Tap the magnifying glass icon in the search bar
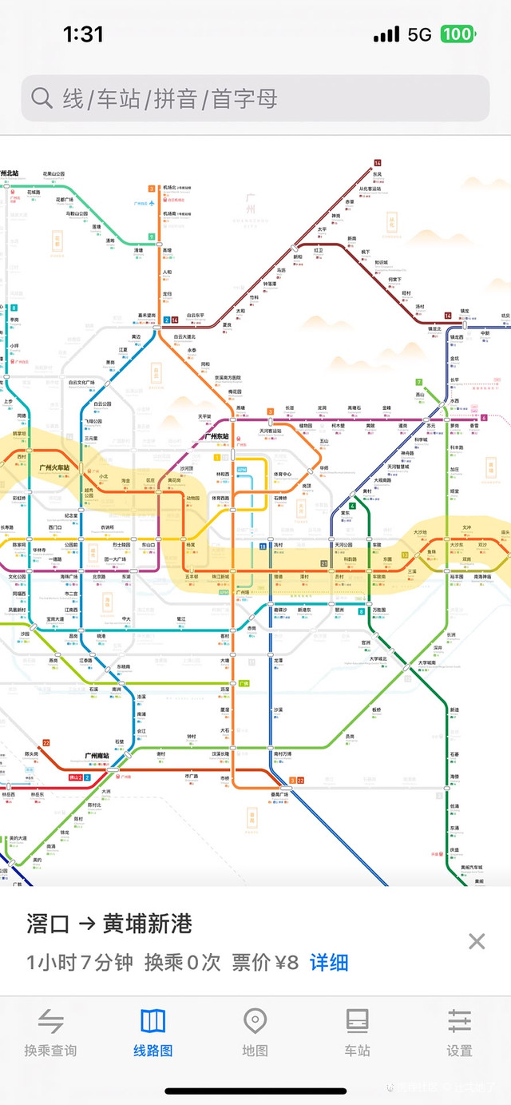[x=42, y=98]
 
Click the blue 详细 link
[x=329, y=962]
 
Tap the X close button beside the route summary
[x=477, y=941]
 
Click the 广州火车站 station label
[x=54, y=467]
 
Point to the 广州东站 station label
[x=216, y=437]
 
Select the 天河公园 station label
[x=343, y=545]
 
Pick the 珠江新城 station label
[x=220, y=576]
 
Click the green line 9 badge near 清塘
[x=151, y=237]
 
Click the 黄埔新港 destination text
[x=148, y=924]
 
